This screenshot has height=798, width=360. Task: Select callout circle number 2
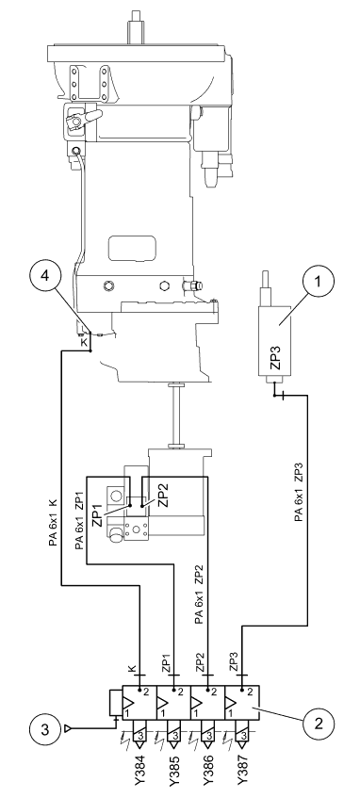319,725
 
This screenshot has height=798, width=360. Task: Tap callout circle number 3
46,729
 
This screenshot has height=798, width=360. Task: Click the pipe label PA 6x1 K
53,526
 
